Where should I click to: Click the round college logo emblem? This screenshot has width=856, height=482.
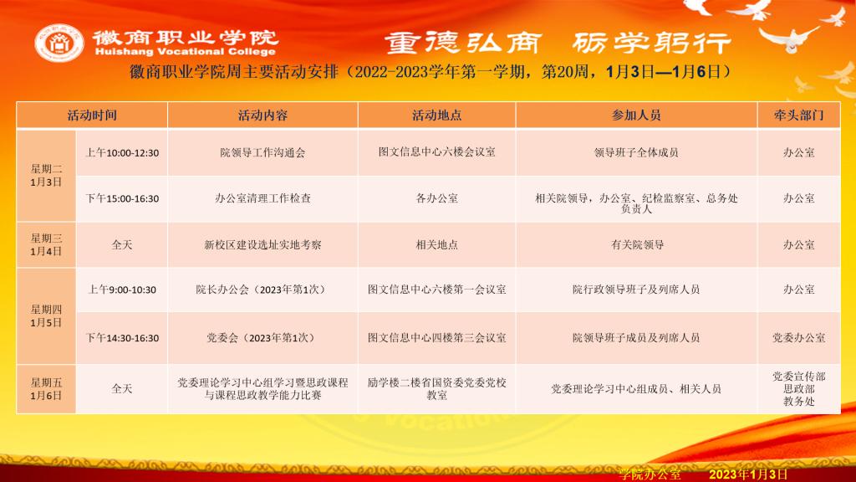click(x=59, y=43)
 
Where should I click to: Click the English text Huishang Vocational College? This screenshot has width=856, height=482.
click(x=185, y=51)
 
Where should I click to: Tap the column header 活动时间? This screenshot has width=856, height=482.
click(x=92, y=115)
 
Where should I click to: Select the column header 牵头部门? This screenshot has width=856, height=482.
click(x=798, y=115)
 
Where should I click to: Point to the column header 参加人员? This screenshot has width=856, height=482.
click(x=636, y=115)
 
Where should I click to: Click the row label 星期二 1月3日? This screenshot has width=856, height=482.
click(x=46, y=176)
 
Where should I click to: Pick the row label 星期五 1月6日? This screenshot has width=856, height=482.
click(x=46, y=389)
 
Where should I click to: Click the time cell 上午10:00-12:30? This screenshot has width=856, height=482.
click(x=122, y=153)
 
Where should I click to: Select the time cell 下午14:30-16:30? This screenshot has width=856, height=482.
click(x=122, y=338)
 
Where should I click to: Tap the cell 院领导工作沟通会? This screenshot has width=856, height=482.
click(x=262, y=153)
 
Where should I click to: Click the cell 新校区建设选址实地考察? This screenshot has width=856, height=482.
click(x=262, y=245)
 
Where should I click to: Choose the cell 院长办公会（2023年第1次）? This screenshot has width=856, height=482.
click(x=262, y=290)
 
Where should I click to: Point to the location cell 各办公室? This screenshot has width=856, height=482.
click(x=436, y=198)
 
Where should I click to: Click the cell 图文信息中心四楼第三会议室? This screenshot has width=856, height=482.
click(x=436, y=338)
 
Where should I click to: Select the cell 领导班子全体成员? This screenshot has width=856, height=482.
click(x=636, y=153)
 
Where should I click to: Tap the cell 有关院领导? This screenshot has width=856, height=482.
click(x=637, y=245)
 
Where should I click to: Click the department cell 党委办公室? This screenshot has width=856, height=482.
click(x=798, y=338)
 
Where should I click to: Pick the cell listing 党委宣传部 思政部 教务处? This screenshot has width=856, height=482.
click(x=798, y=389)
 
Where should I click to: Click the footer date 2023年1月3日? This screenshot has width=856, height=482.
click(x=748, y=474)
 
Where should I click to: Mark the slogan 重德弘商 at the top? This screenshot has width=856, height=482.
click(x=463, y=43)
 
